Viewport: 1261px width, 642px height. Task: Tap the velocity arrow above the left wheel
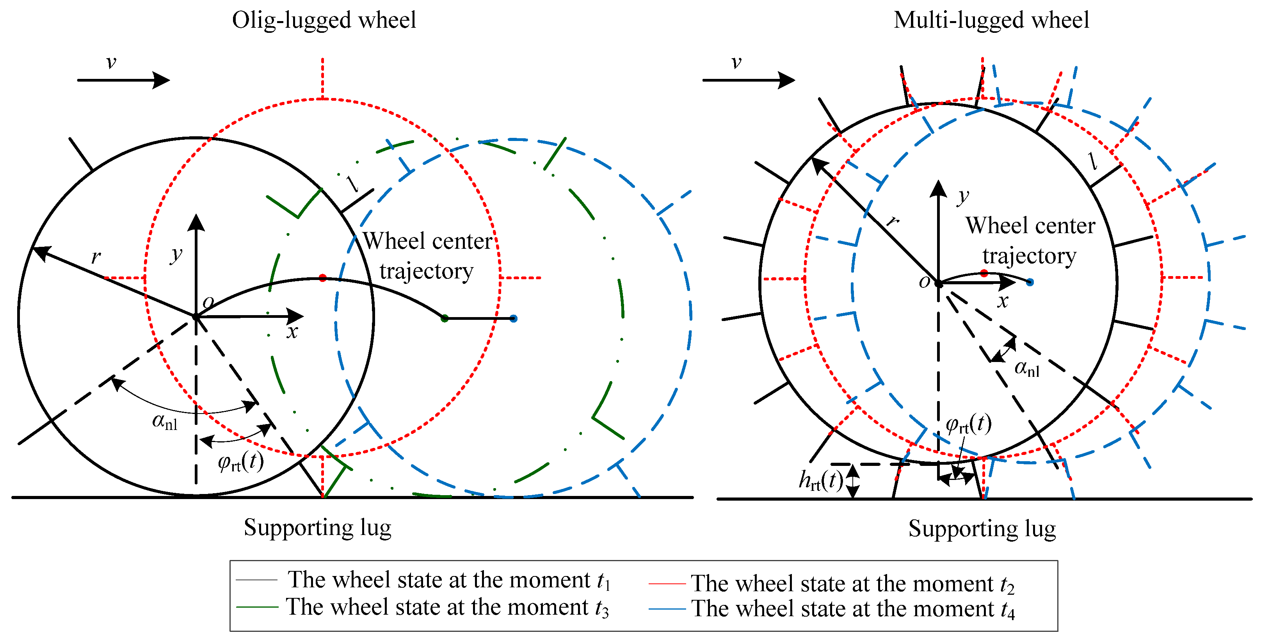(x=123, y=80)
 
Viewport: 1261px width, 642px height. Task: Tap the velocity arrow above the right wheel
(x=748, y=80)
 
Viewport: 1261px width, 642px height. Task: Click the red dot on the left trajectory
(x=322, y=278)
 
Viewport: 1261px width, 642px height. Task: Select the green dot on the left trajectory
(x=445, y=319)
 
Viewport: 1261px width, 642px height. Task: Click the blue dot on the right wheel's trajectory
(x=1030, y=282)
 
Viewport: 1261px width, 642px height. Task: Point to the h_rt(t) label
(x=820, y=480)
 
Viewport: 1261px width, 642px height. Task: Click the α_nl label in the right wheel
(x=1026, y=368)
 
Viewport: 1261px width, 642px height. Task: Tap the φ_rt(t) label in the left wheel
(x=240, y=462)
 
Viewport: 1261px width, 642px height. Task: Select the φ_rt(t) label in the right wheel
(x=968, y=424)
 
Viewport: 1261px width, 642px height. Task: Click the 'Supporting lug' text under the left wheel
(x=317, y=528)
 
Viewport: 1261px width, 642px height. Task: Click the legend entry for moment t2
(x=852, y=584)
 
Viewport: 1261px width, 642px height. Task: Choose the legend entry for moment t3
(x=446, y=608)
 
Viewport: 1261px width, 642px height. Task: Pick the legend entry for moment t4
(x=852, y=609)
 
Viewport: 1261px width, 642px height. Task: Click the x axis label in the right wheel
(x=1003, y=301)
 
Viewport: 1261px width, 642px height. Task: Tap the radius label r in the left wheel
(x=96, y=257)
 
